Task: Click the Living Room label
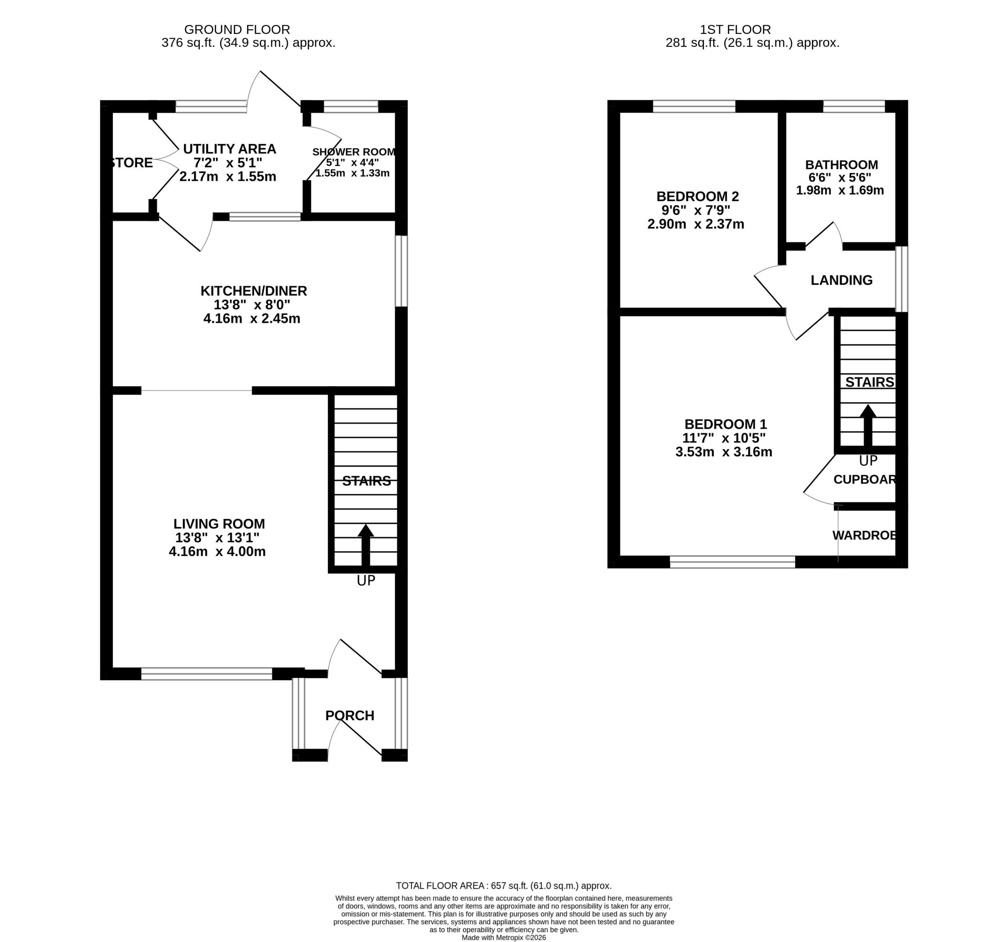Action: (x=219, y=524)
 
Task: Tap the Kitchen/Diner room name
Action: (x=254, y=291)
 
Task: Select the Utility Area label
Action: (x=229, y=149)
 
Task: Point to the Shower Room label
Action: (x=354, y=152)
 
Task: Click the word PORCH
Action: (x=350, y=715)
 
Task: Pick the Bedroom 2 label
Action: (x=698, y=196)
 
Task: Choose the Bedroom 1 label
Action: (x=726, y=424)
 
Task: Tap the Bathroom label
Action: (x=842, y=165)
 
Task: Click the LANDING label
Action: (x=842, y=280)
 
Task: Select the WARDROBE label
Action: (x=864, y=535)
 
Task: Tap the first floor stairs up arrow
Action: (x=868, y=425)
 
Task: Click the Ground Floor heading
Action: (x=237, y=30)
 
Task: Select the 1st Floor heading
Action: (x=735, y=30)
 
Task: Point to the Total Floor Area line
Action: (x=504, y=885)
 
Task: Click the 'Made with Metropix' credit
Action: (x=504, y=937)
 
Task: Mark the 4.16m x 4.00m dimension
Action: (x=217, y=552)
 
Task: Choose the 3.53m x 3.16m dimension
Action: (x=724, y=452)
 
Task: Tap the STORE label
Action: (x=132, y=163)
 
